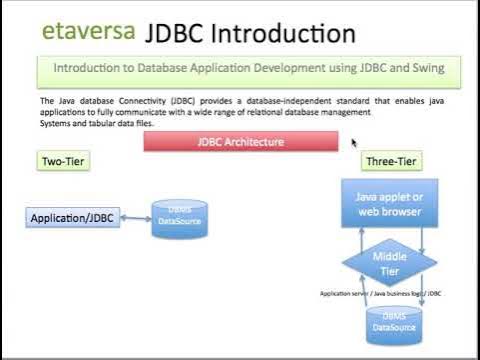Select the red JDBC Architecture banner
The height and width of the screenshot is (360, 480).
pyautogui.click(x=241, y=142)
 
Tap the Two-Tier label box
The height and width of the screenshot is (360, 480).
pyautogui.click(x=63, y=161)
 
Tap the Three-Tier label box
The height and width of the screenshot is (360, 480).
pyautogui.click(x=391, y=161)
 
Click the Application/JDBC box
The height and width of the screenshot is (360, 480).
pyautogui.click(x=72, y=217)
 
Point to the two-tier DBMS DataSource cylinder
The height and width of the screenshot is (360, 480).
pyautogui.click(x=180, y=218)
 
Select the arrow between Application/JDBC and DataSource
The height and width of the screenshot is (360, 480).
pyautogui.click(x=135, y=217)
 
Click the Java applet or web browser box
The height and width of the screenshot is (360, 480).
pyautogui.click(x=389, y=204)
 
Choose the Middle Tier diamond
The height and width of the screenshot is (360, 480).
pyautogui.click(x=389, y=263)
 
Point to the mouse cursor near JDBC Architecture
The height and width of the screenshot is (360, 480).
pyautogui.click(x=354, y=142)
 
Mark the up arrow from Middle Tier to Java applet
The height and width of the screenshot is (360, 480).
pyautogui.click(x=356, y=240)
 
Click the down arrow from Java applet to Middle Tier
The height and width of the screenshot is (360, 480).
pyautogui.click(x=424, y=240)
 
